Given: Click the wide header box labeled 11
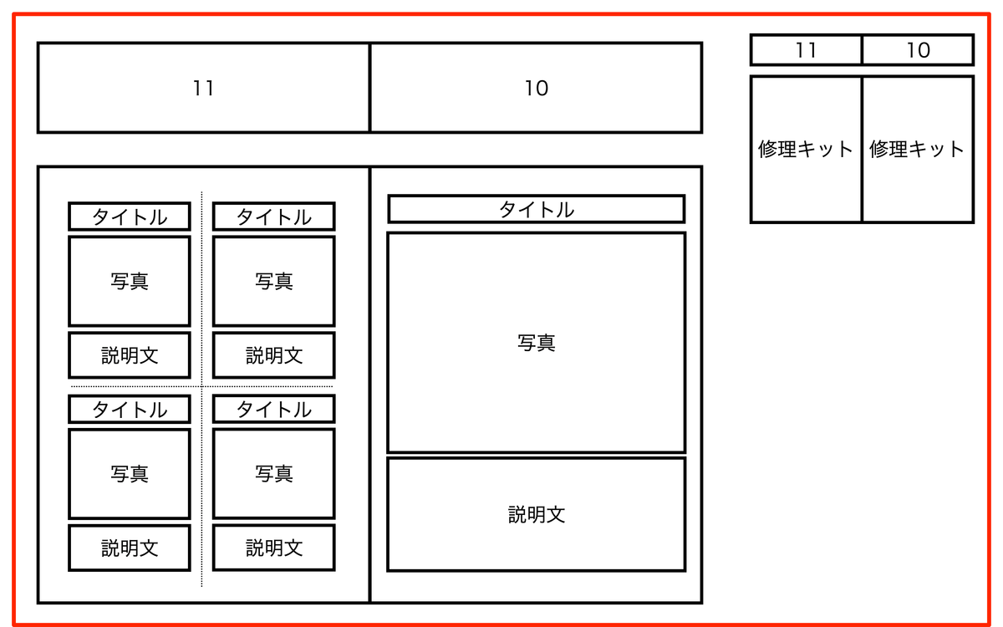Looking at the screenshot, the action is pos(203,88).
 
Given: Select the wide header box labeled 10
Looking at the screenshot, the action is pos(536,88).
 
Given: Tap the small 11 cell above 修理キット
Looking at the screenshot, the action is pos(806,50).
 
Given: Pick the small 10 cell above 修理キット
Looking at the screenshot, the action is pos(918,50).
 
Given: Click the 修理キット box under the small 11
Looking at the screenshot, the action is pos(806,149).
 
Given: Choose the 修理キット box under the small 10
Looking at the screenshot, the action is pos(918,149).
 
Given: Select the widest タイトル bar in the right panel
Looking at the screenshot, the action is pos(536,209).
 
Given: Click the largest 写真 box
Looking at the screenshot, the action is pos(536,342).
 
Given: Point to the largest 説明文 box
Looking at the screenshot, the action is pos(536,514).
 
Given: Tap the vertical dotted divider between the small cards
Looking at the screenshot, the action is pos(201,485).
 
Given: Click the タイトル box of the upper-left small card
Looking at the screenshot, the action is pos(130,217).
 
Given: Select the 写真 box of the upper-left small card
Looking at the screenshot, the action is pos(130,281).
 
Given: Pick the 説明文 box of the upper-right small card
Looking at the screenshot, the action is pos(274,355).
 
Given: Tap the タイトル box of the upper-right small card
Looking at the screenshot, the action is pos(274,217).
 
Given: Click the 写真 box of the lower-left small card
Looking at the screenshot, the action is pos(130,474).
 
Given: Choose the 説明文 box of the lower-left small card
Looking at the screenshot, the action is pos(130,548).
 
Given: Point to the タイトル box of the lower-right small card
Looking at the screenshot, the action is pos(274,409).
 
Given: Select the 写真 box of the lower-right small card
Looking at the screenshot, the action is pos(274,474).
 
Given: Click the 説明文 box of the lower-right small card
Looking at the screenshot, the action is pos(274,548).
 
